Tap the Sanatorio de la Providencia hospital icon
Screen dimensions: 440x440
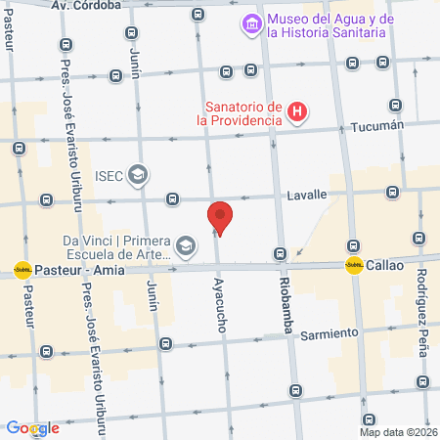[x=298, y=113]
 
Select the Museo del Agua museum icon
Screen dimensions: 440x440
[x=251, y=22]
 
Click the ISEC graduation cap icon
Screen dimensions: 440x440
[x=138, y=175]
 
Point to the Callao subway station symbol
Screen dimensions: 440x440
[x=354, y=265]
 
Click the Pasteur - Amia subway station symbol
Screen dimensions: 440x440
[x=22, y=269]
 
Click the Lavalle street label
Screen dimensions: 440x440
[x=307, y=195]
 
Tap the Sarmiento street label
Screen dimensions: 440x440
[x=330, y=333]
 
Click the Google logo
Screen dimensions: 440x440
[x=32, y=428]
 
